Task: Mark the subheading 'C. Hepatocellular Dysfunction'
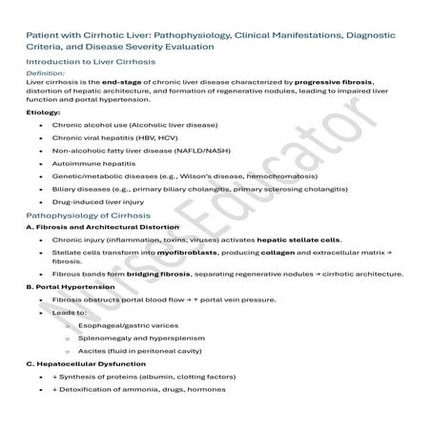pos(86,364)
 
